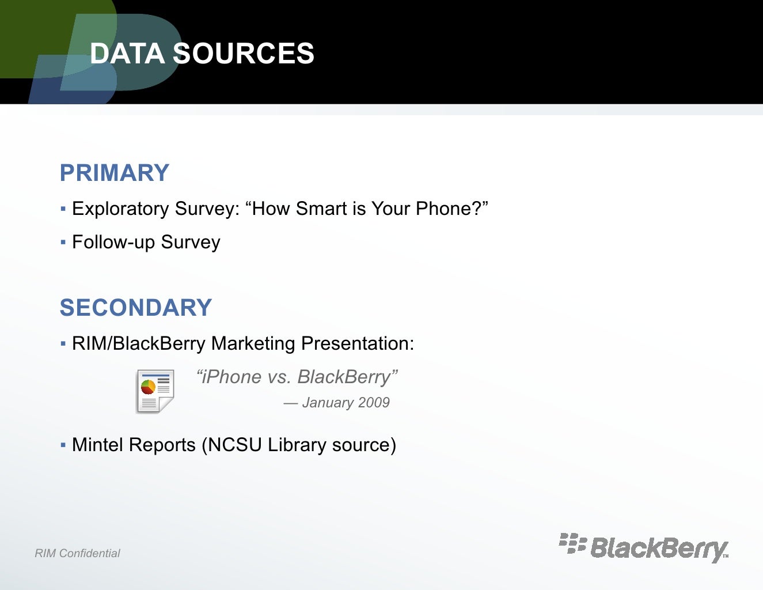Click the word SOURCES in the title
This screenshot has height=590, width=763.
[244, 54]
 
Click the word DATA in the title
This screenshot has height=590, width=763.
[127, 54]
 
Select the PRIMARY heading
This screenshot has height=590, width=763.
[115, 173]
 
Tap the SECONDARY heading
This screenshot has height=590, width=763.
[136, 308]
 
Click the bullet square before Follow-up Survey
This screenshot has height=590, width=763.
[63, 242]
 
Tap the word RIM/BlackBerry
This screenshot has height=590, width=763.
[138, 343]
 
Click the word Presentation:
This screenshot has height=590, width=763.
[357, 343]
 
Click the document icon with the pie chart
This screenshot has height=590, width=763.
[155, 391]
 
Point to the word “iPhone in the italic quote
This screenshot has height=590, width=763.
[229, 377]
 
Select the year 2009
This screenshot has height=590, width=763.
[374, 403]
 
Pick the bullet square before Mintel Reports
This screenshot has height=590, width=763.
[63, 445]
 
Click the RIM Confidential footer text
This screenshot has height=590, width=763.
[77, 554]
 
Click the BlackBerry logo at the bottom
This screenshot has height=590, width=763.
[644, 547]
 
